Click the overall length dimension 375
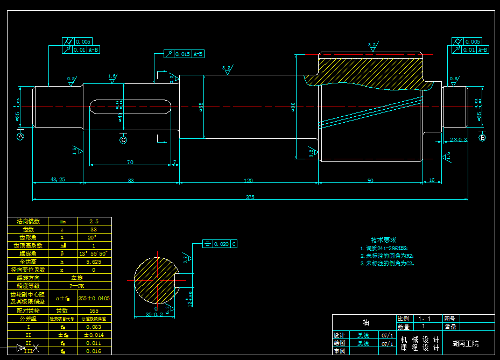[250, 197]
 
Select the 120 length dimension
[248, 180]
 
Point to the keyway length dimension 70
[130, 162]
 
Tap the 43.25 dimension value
[57, 180]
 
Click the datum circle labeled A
[21, 137]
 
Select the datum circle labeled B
[482, 138]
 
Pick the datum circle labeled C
[123, 140]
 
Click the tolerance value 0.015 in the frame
[182, 54]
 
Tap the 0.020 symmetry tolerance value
[221, 244]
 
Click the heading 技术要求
[383, 239]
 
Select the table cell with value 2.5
[94, 221]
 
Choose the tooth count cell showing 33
[94, 229]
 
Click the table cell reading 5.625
[94, 262]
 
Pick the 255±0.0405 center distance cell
[94, 298]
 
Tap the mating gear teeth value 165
[94, 310]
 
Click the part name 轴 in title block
[365, 322]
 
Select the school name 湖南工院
[466, 343]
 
